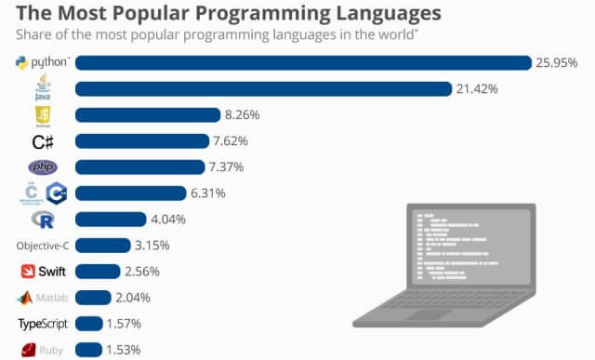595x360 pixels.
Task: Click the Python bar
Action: [x=302, y=63]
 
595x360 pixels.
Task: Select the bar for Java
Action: [x=260, y=89]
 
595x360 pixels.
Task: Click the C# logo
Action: [x=43, y=141]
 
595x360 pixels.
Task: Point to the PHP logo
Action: [x=43, y=167]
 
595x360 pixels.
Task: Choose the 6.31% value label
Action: [x=208, y=193]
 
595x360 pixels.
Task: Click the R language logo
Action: [x=43, y=220]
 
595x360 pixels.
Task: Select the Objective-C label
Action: [x=43, y=246]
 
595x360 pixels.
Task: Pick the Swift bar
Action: [x=98, y=272]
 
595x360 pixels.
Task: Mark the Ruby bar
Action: [x=88, y=350]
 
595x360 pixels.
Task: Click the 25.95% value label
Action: [x=557, y=63]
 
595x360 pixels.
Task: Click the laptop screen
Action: [x=468, y=247]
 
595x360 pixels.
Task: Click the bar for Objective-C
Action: [x=102, y=246]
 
